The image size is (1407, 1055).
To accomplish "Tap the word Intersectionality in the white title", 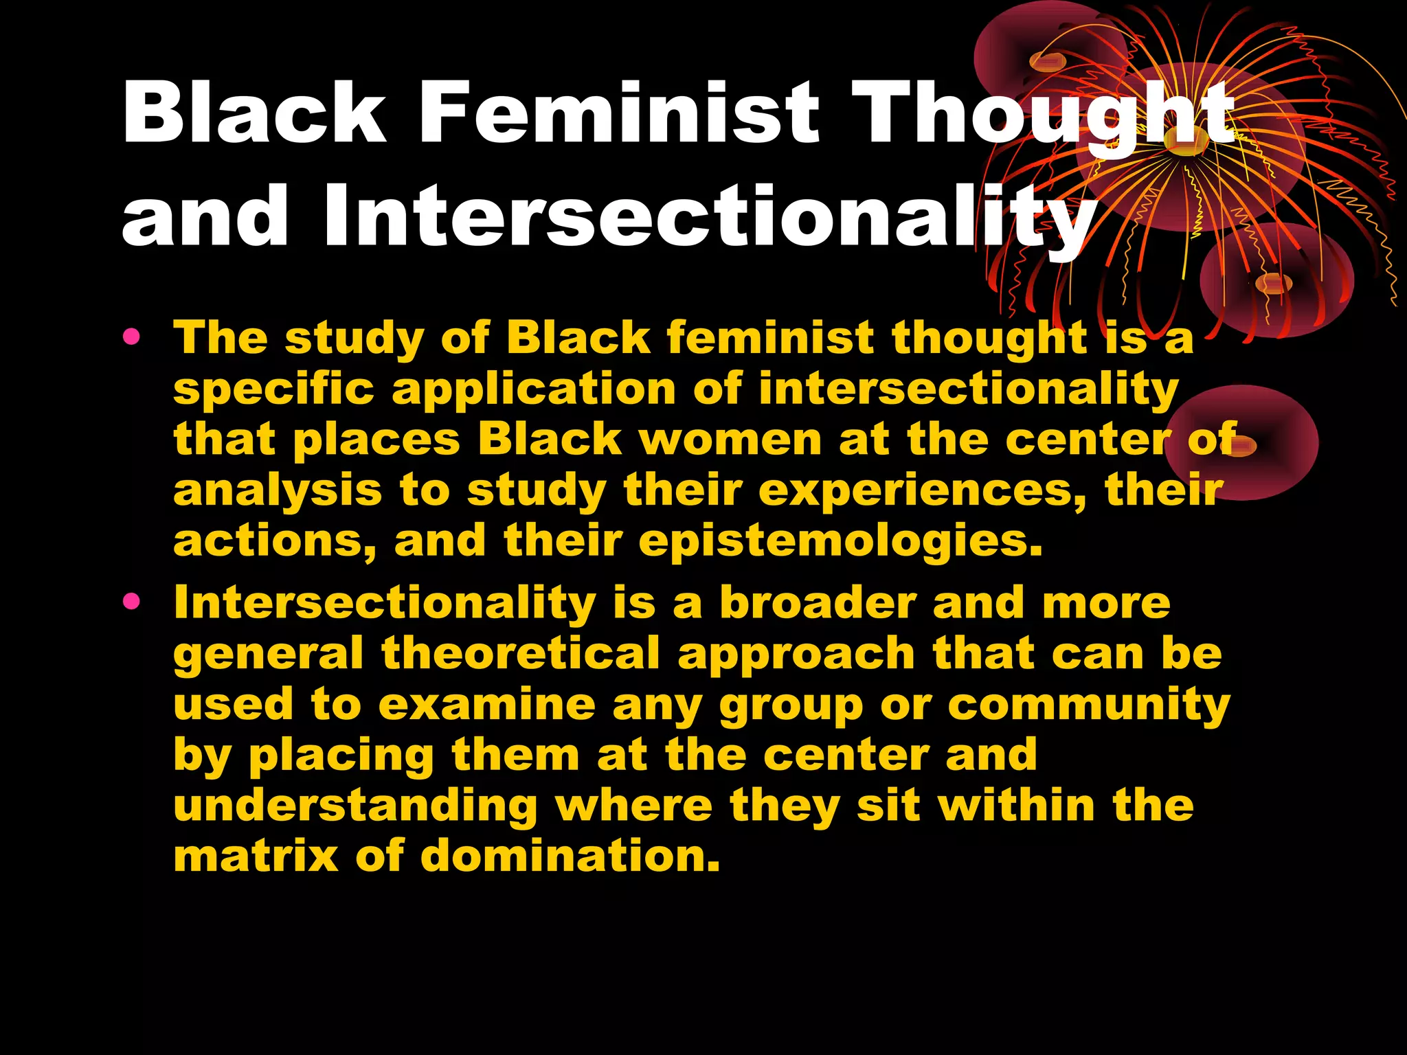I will [710, 216].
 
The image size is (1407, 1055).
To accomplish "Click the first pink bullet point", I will [131, 338].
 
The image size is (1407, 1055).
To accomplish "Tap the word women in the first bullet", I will [730, 440].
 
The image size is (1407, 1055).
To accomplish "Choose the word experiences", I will [922, 492].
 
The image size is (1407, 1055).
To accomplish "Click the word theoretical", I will [521, 653].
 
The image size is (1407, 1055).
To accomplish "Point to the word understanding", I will [355, 806].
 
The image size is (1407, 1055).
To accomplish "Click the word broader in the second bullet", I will [818, 603].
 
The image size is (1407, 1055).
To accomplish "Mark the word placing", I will [341, 756].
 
